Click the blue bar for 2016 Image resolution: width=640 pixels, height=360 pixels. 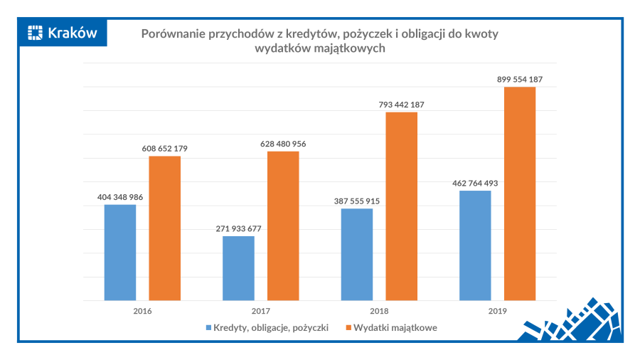coord(119,252)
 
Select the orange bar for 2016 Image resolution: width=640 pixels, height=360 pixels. coord(164,228)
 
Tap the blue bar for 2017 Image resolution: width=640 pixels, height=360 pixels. coord(238,268)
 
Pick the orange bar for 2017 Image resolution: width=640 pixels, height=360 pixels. coord(283,226)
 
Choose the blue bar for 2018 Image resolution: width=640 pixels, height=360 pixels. coord(357,254)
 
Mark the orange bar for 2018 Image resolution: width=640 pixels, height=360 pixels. coord(401,206)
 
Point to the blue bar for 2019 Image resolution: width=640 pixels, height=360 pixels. coord(475,245)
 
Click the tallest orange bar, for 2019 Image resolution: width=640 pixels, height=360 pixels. coord(520,193)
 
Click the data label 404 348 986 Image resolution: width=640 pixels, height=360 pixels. coord(119,197)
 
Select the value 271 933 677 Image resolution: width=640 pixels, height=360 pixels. coord(238,228)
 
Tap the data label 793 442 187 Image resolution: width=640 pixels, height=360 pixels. coord(401,105)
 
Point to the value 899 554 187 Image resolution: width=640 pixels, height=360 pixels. coord(520,80)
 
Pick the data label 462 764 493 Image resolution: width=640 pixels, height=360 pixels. coord(475,183)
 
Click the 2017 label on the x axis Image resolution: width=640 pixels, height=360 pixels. coord(260,311)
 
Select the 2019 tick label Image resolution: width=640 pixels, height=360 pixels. coord(497,311)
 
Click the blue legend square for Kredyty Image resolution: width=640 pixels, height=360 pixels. coord(209,328)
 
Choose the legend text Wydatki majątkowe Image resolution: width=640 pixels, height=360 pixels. coord(395,328)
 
